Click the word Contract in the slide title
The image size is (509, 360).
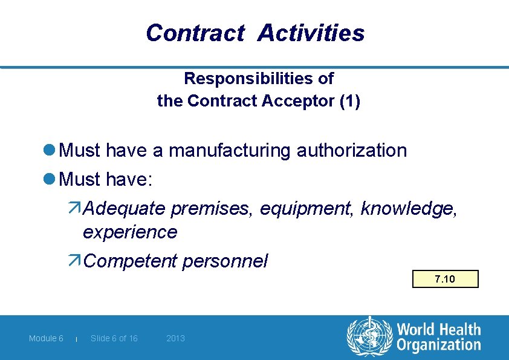pyautogui.click(x=195, y=33)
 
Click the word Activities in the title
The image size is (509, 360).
pyautogui.click(x=311, y=33)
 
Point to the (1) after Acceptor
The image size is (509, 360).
pyautogui.click(x=350, y=101)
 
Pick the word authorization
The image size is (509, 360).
pyautogui.click(x=352, y=150)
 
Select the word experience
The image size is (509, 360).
pyautogui.click(x=130, y=232)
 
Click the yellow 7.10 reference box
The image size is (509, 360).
pyautogui.click(x=445, y=279)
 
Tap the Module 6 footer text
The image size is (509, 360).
pyautogui.click(x=46, y=338)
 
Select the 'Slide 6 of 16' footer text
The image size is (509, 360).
pyautogui.click(x=114, y=338)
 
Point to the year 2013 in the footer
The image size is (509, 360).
pyautogui.click(x=175, y=338)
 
